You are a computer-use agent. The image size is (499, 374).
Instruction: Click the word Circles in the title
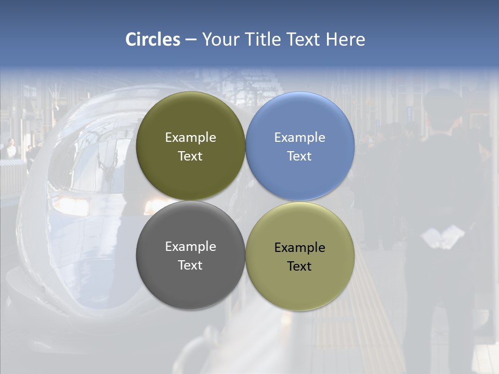pos(153,39)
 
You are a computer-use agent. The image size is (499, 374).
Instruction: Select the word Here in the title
pos(346,39)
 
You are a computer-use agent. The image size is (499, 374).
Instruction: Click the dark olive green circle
pos(190,146)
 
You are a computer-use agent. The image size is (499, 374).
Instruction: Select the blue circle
pos(300,146)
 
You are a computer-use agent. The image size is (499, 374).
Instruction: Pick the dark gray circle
pos(190,255)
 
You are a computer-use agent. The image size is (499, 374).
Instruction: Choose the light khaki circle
pos(300,256)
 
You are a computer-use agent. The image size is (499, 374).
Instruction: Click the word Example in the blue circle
pos(300,138)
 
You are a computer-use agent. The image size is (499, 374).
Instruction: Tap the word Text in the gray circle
pos(190,265)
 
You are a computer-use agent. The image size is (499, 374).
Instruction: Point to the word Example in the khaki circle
pos(300,247)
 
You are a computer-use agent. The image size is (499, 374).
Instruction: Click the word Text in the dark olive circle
pos(190,156)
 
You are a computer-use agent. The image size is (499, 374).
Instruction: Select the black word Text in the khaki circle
pos(299,266)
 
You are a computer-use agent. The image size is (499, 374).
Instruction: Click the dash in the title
pos(191,40)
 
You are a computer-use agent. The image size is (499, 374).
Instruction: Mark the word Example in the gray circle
pos(190,246)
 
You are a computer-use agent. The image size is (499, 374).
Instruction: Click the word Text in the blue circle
pos(299,156)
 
